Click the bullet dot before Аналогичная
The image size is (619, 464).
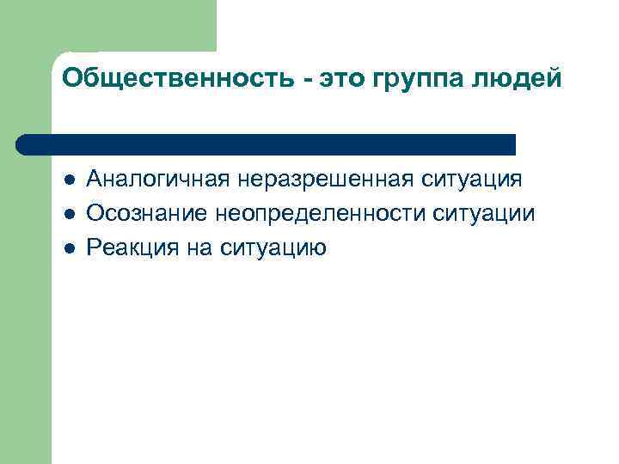tap(70, 180)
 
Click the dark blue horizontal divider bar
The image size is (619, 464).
tap(267, 144)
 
